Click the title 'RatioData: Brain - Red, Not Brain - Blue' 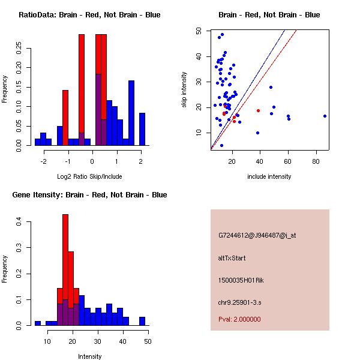coord(89,14)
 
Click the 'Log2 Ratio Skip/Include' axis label coord(89,176)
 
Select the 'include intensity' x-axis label coord(269,176)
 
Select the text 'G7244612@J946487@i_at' coord(257,235)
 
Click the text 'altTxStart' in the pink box coord(232,258)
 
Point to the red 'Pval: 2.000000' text coord(239,319)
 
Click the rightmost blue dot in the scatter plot coord(325,116)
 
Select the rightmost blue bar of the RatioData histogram coord(142,129)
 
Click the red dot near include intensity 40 coord(258,110)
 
